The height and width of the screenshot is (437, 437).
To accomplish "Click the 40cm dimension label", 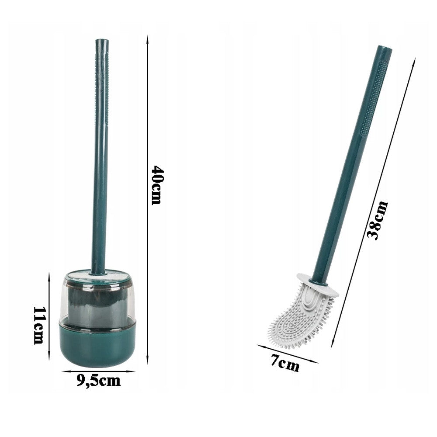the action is click(x=156, y=185).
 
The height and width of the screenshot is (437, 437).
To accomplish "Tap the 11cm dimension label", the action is click(x=39, y=325).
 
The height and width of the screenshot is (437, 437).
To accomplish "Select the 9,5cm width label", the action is click(x=98, y=380).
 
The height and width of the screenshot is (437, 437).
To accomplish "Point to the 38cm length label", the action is click(x=378, y=220).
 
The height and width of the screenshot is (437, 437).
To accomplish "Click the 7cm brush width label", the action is click(x=285, y=363).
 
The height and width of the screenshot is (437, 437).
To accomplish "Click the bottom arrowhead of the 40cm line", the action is click(x=147, y=361).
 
